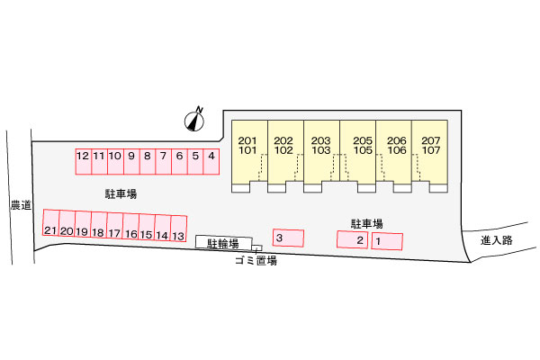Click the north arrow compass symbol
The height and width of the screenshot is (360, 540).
[x=196, y=119]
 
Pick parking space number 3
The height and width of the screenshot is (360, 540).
[x=287, y=238]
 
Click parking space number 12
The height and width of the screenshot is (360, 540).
[x=83, y=161]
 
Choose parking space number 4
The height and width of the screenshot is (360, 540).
[x=211, y=161]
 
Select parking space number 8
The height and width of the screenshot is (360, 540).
[x=147, y=161]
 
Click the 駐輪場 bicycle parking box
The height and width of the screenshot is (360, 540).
[x=224, y=243]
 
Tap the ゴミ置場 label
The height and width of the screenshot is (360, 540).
[x=255, y=260]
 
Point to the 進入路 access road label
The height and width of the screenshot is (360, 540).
[x=496, y=240]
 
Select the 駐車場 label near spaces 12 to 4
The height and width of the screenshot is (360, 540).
[x=120, y=193]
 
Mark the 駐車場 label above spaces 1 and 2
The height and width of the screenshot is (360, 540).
[x=366, y=222]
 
